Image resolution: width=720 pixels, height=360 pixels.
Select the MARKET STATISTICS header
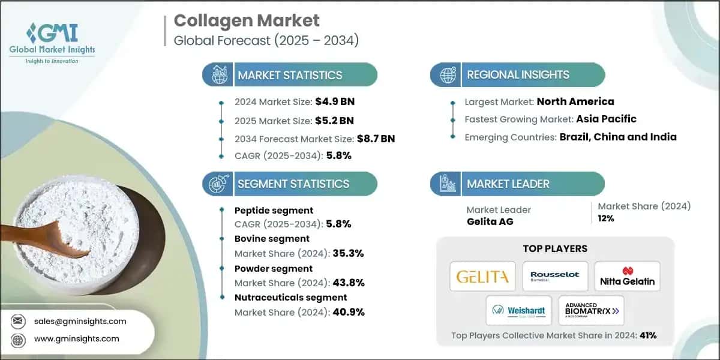[x=290, y=75]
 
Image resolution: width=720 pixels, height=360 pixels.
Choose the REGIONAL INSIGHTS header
[x=518, y=75]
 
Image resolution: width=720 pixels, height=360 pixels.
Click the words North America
[x=575, y=101]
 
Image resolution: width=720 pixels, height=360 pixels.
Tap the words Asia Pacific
[x=606, y=119]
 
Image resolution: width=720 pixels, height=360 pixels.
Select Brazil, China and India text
[x=618, y=137]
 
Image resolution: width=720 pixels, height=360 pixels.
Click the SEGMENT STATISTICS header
[x=293, y=184]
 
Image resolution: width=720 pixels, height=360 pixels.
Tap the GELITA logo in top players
[x=482, y=277]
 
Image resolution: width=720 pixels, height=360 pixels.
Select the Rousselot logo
[x=555, y=277]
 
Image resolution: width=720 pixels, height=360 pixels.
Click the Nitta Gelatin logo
[x=627, y=277]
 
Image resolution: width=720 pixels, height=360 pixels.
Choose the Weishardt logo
[x=518, y=310]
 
